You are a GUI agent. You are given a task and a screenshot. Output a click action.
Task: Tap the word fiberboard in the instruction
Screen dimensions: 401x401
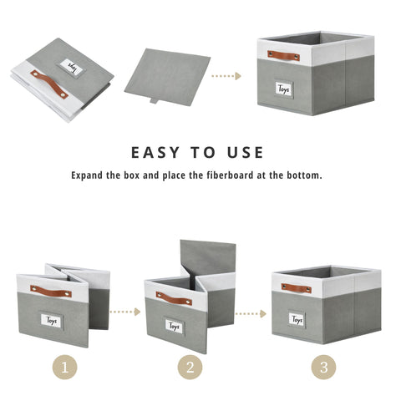tap(251, 176)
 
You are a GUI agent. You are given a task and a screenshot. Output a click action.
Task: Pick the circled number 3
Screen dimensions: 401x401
tap(325, 368)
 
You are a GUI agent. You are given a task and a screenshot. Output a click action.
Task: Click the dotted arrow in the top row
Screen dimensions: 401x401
tap(226, 76)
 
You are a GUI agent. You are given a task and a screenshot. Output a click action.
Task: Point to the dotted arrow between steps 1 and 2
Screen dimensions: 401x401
tap(124, 312)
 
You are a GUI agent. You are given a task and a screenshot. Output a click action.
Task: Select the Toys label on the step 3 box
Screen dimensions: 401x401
tap(297, 319)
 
